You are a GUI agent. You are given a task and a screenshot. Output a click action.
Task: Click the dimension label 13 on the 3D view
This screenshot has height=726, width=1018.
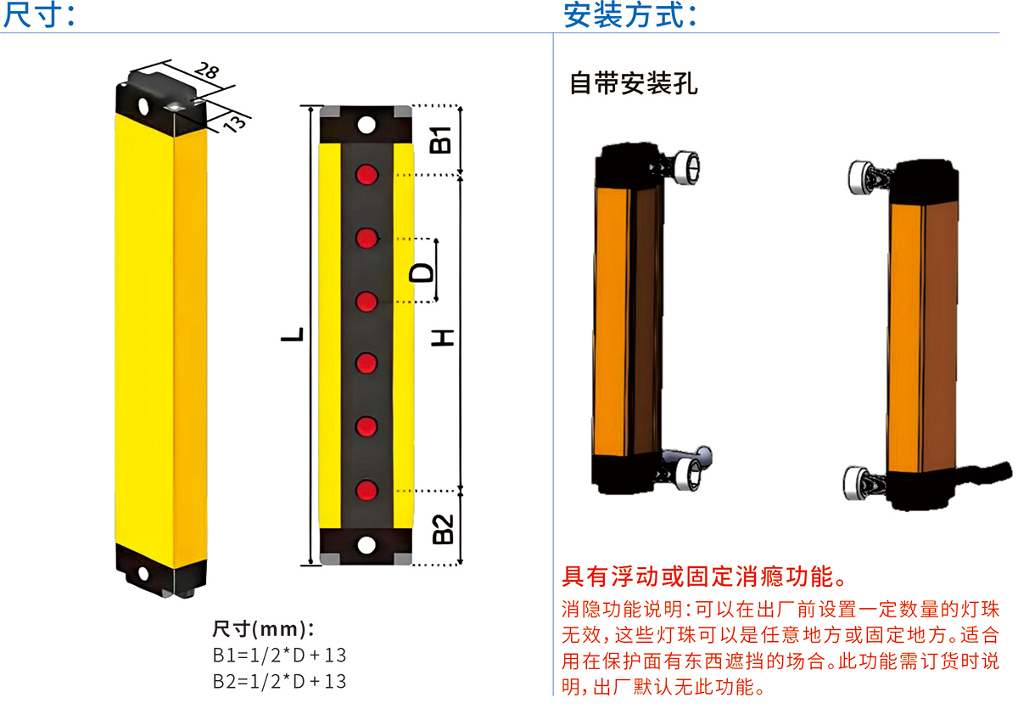click(233, 121)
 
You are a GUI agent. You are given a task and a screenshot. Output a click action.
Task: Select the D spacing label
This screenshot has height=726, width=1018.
click(422, 272)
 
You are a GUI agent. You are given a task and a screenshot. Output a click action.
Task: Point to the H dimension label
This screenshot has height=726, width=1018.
click(442, 336)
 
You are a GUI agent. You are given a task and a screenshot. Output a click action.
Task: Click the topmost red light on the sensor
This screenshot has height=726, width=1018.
click(366, 175)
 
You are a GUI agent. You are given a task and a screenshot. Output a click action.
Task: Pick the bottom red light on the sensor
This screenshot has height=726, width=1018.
click(366, 490)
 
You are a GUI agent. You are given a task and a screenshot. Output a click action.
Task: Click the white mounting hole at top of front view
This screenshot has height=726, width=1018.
click(366, 125)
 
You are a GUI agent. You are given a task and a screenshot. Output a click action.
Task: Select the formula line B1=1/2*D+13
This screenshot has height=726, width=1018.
click(279, 656)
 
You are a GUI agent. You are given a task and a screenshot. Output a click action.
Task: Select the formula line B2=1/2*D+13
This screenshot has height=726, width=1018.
click(279, 681)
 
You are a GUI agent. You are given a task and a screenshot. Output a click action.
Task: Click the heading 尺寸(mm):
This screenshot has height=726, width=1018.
click(264, 629)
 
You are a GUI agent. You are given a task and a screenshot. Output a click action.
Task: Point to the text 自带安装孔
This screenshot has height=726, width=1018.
click(634, 84)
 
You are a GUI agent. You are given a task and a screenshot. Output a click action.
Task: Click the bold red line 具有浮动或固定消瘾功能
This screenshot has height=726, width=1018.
click(704, 577)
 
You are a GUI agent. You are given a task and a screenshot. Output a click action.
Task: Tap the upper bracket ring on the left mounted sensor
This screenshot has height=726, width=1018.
click(686, 166)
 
